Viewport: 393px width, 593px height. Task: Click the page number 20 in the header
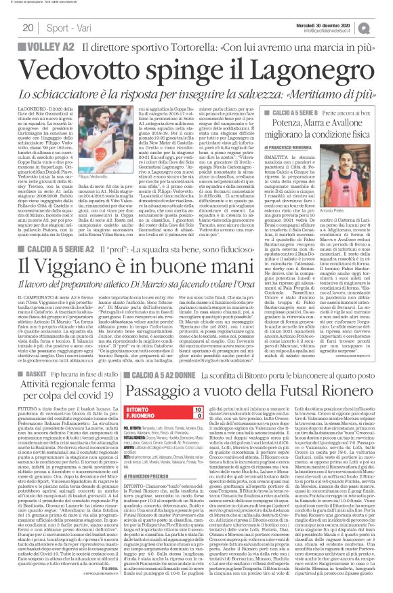pyautogui.click(x=27, y=26)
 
